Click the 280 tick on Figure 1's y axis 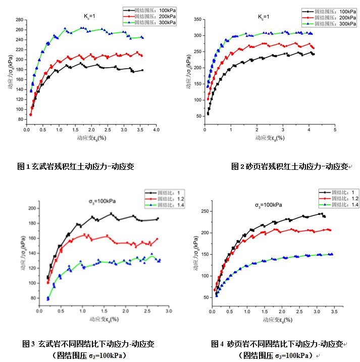point(20,20)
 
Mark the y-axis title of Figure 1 point(10,73)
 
